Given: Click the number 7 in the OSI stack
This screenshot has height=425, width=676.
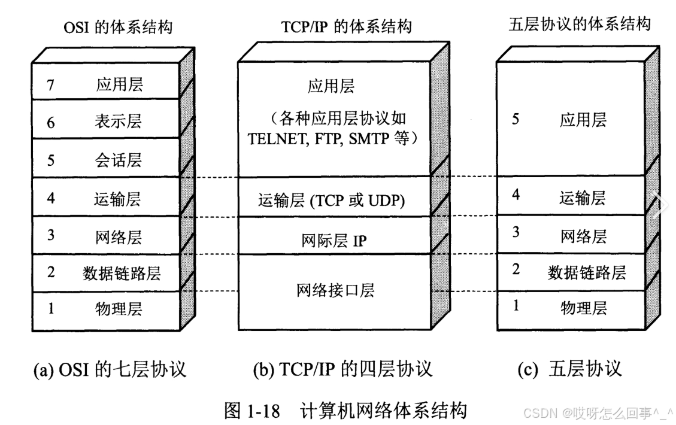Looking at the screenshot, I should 51,85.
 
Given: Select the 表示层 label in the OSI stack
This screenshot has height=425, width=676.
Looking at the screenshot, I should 119,123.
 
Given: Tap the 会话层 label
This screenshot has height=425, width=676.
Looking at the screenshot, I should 119,160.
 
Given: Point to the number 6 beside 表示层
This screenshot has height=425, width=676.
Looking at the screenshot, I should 51,123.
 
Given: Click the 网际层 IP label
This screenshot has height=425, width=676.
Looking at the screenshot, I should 335,241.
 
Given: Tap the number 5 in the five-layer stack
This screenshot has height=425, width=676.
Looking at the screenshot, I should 516,119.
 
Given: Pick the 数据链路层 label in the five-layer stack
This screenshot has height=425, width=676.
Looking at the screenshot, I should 586,272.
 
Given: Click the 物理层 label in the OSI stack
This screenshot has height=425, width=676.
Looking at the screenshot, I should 119,309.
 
